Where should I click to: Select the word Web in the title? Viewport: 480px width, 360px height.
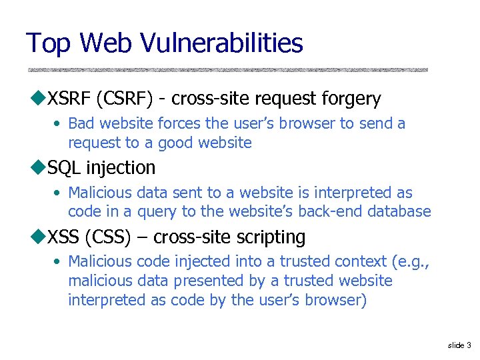pos(107,43)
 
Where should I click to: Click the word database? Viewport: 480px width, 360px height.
pos(397,212)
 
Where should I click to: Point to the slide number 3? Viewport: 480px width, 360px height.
pos(469,345)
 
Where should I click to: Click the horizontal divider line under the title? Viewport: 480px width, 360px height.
pos(227,69)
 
